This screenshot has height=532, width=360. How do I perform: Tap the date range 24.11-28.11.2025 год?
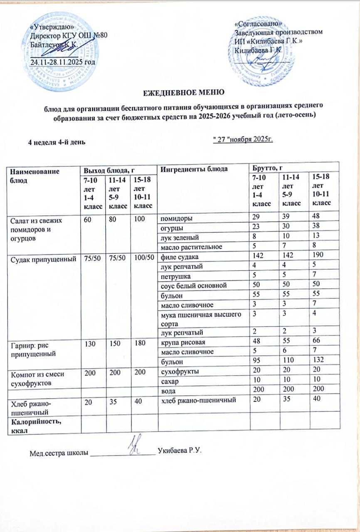63,62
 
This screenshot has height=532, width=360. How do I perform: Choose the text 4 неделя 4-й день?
57,142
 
